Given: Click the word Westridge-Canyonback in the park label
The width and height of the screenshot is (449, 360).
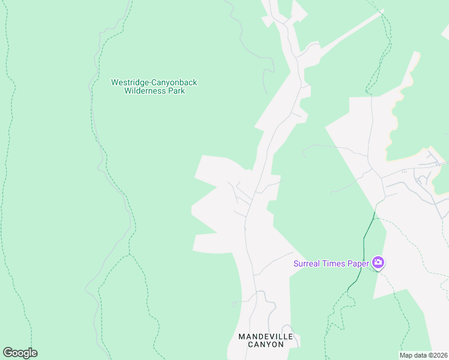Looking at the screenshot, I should tap(154, 82).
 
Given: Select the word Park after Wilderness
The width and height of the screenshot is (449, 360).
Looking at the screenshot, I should tap(177, 91).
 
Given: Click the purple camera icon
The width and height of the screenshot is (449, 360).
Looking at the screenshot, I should tap(378, 262).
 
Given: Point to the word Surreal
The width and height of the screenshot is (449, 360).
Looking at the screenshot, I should tap(307, 263).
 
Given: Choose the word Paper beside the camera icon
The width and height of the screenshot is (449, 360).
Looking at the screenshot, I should tap(359, 263).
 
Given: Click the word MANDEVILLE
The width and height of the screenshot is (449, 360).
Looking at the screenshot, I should tap(266, 337).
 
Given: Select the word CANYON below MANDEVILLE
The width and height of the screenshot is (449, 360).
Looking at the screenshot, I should tap(266, 345).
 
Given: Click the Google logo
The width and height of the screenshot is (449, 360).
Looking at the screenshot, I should tap(20, 353).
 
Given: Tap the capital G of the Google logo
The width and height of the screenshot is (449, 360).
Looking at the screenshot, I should tap(8, 352).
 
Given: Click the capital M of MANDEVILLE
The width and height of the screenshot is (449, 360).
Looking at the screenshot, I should tap(241, 337).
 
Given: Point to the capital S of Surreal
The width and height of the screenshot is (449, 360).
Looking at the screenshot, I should tap(296, 263).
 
